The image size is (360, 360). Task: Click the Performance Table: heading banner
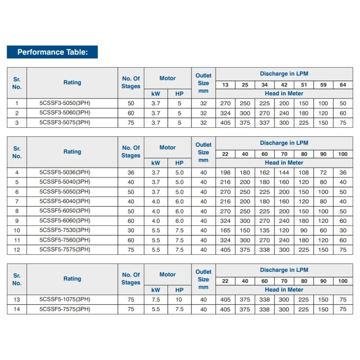52,52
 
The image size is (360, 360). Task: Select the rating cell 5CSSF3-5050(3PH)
65,103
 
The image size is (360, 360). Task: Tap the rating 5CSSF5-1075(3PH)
65,299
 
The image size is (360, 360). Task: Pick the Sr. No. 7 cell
17,201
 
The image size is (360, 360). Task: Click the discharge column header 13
225,85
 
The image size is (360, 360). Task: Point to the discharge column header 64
343,85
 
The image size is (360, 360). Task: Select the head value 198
225,172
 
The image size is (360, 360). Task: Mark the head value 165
225,230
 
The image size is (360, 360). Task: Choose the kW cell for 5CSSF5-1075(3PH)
156,299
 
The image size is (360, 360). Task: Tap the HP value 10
180,299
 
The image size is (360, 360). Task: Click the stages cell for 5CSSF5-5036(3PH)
131,172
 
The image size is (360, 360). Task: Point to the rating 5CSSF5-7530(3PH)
65,230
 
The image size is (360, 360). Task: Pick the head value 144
284,172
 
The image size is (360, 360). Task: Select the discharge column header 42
284,85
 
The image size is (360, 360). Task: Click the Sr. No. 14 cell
17,309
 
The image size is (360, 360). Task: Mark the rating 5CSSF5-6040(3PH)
65,201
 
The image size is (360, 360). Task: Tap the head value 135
265,230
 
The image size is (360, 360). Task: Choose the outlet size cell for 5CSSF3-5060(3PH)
203,113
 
